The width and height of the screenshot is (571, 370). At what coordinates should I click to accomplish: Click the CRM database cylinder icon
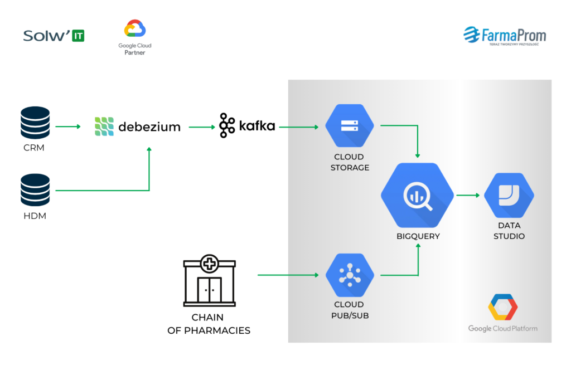tap(35, 123)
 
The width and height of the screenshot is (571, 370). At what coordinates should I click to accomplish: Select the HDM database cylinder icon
tap(35, 191)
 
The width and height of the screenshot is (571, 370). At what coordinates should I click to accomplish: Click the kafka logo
tap(248, 126)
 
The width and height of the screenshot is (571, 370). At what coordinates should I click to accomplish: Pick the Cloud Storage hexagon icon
tap(350, 126)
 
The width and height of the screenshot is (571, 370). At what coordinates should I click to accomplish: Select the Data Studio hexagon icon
tap(509, 195)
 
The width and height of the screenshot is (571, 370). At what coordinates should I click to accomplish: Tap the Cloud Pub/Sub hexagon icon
tap(350, 274)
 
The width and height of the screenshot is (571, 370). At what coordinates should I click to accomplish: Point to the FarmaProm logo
tap(505, 36)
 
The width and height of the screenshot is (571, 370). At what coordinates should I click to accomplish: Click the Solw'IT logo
tap(54, 36)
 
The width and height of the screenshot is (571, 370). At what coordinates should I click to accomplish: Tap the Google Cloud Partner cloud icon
tap(135, 29)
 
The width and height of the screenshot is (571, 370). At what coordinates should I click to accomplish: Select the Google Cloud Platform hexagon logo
tap(502, 307)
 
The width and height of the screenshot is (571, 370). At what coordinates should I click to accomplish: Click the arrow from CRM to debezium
tap(68, 127)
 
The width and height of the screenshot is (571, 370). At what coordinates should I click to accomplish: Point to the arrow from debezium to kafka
tap(202, 127)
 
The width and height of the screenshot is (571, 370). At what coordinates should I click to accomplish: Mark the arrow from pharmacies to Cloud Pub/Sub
tap(290, 275)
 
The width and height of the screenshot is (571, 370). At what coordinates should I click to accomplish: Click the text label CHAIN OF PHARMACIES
tap(209, 324)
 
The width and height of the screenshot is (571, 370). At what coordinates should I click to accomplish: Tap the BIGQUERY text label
tap(418, 236)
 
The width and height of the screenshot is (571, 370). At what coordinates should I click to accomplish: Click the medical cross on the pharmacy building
tap(210, 262)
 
